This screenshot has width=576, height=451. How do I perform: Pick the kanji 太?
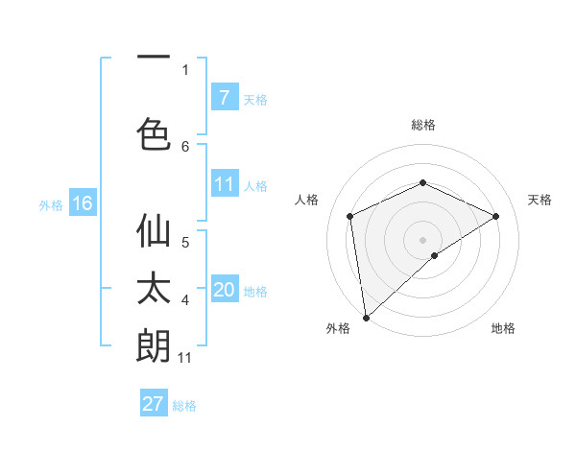[x=154, y=291]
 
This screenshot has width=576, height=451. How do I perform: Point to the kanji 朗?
[x=154, y=345]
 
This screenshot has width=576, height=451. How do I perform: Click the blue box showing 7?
[x=224, y=97]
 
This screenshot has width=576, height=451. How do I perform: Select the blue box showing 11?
[x=224, y=184]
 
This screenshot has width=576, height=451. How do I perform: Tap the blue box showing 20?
[x=225, y=290]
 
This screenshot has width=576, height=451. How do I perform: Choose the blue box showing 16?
[x=83, y=203]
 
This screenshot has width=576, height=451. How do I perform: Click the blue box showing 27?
[x=154, y=404]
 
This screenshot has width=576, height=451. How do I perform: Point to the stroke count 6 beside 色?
[x=186, y=146]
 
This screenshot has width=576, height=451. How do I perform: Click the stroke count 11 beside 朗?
[x=186, y=358]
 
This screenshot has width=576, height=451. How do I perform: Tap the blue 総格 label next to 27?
[x=184, y=406]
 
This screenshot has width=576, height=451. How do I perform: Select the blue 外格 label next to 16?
[x=51, y=204]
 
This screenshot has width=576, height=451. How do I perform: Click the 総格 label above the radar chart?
[x=423, y=125]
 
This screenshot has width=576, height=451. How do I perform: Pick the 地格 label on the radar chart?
[x=503, y=328]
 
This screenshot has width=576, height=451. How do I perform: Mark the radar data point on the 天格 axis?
[x=496, y=216]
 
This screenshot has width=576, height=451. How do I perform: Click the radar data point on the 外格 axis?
[x=365, y=317]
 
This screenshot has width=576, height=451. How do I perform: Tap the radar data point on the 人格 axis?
[x=350, y=216]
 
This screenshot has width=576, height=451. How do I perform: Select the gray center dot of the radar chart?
[x=422, y=239]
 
